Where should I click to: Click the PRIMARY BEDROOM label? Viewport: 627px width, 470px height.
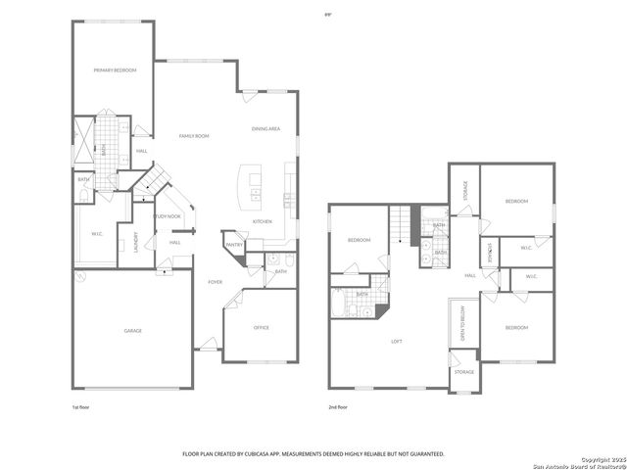(115, 70)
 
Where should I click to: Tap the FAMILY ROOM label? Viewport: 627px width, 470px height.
(193, 136)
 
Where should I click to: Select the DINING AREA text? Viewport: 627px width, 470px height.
(266, 128)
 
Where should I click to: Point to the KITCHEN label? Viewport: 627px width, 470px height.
(263, 221)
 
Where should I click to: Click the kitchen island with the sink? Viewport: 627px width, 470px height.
(255, 187)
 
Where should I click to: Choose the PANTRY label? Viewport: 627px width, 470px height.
(234, 245)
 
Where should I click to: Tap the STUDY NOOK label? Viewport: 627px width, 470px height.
(168, 216)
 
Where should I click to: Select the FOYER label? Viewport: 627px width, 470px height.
(215, 282)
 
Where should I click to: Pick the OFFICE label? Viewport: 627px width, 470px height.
(262, 327)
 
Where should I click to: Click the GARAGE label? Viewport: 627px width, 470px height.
(132, 330)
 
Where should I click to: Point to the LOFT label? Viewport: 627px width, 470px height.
(397, 342)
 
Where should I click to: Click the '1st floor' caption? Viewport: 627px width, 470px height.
(81, 406)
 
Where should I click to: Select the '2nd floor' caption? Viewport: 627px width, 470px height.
(338, 406)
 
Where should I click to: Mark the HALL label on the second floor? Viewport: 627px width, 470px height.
(470, 275)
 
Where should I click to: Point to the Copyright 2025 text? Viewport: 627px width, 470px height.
(601, 459)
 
